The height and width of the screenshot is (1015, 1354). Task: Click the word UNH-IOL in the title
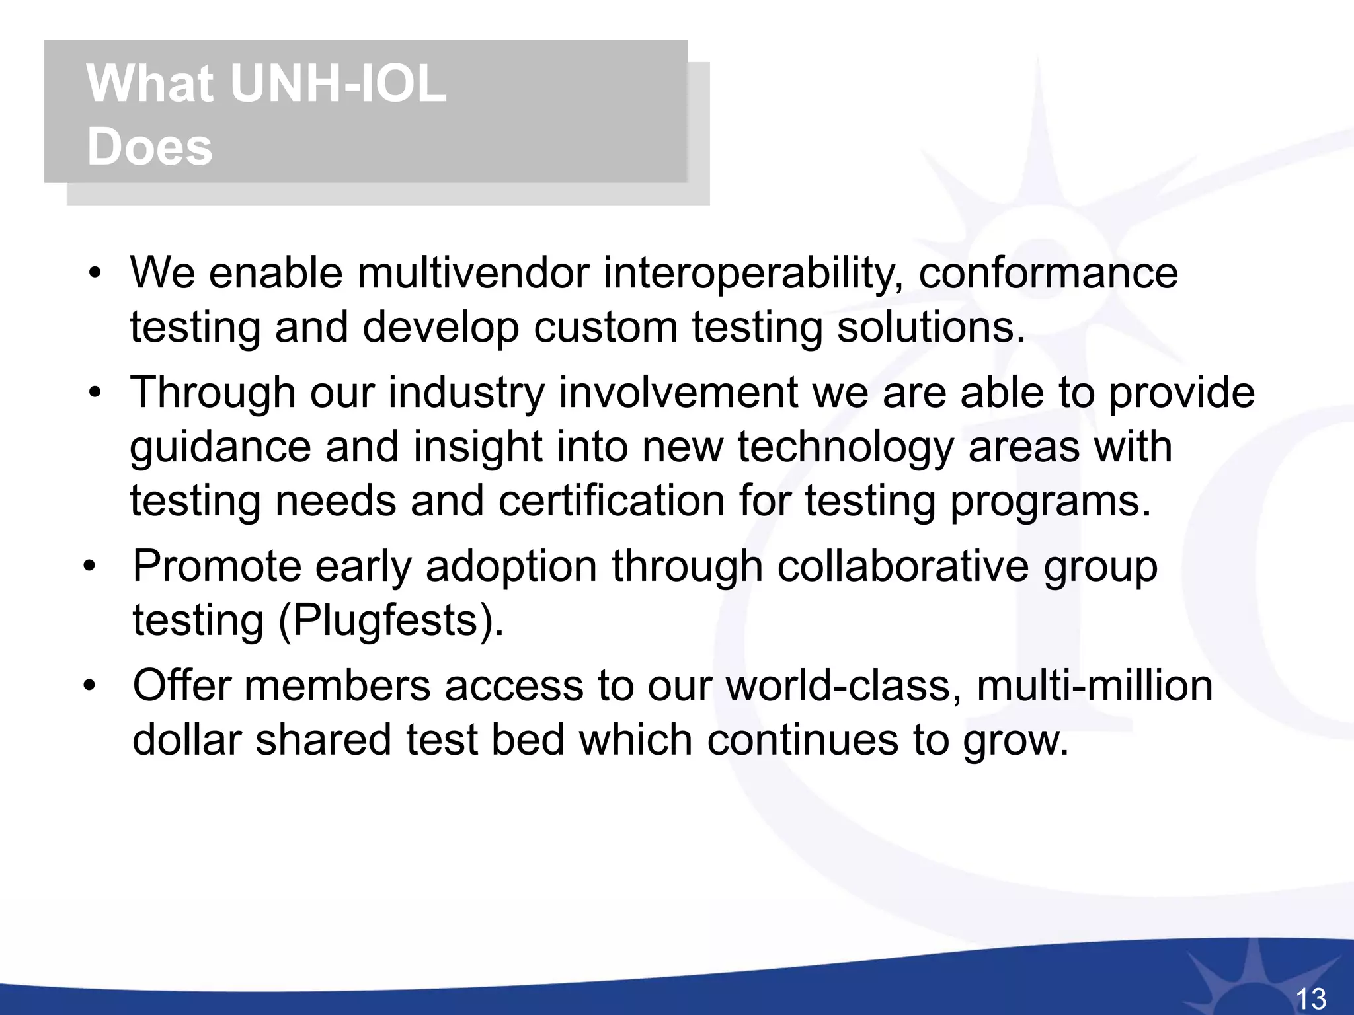[x=338, y=84]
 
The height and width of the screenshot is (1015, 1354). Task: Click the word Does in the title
[x=149, y=146]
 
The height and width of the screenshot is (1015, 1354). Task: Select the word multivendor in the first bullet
[x=473, y=273]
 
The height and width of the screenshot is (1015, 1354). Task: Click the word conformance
[x=1048, y=273]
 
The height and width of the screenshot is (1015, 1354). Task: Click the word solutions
[x=931, y=327]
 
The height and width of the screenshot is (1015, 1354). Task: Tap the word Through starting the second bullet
[x=212, y=393]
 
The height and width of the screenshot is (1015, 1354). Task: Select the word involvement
[x=678, y=393]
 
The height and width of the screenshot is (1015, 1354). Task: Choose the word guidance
[x=220, y=448]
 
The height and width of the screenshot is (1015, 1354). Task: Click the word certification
[x=612, y=501]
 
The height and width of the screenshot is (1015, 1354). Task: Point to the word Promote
[x=217, y=567]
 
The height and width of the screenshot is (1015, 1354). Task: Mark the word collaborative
[x=902, y=567]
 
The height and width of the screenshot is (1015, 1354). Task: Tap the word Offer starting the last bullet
[x=182, y=685]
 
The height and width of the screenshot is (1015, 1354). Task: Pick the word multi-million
[x=1094, y=685]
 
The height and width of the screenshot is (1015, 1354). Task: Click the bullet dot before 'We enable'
[x=96, y=274]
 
